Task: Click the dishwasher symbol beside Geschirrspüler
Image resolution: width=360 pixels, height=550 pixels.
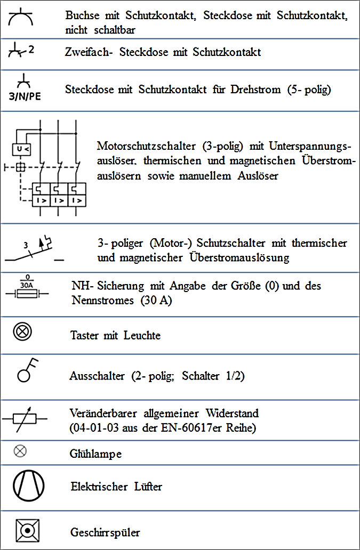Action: tap(25, 531)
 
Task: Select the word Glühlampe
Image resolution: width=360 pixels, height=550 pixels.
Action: tap(95, 454)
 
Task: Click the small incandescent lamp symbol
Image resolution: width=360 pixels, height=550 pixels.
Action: tap(20, 451)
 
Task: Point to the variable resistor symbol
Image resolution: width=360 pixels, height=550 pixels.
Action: tap(25, 419)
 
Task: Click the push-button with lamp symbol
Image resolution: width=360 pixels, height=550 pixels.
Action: tap(23, 332)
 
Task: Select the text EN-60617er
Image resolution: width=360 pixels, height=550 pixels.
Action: tap(205, 427)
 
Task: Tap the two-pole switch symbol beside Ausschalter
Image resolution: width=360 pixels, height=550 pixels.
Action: tap(27, 370)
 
